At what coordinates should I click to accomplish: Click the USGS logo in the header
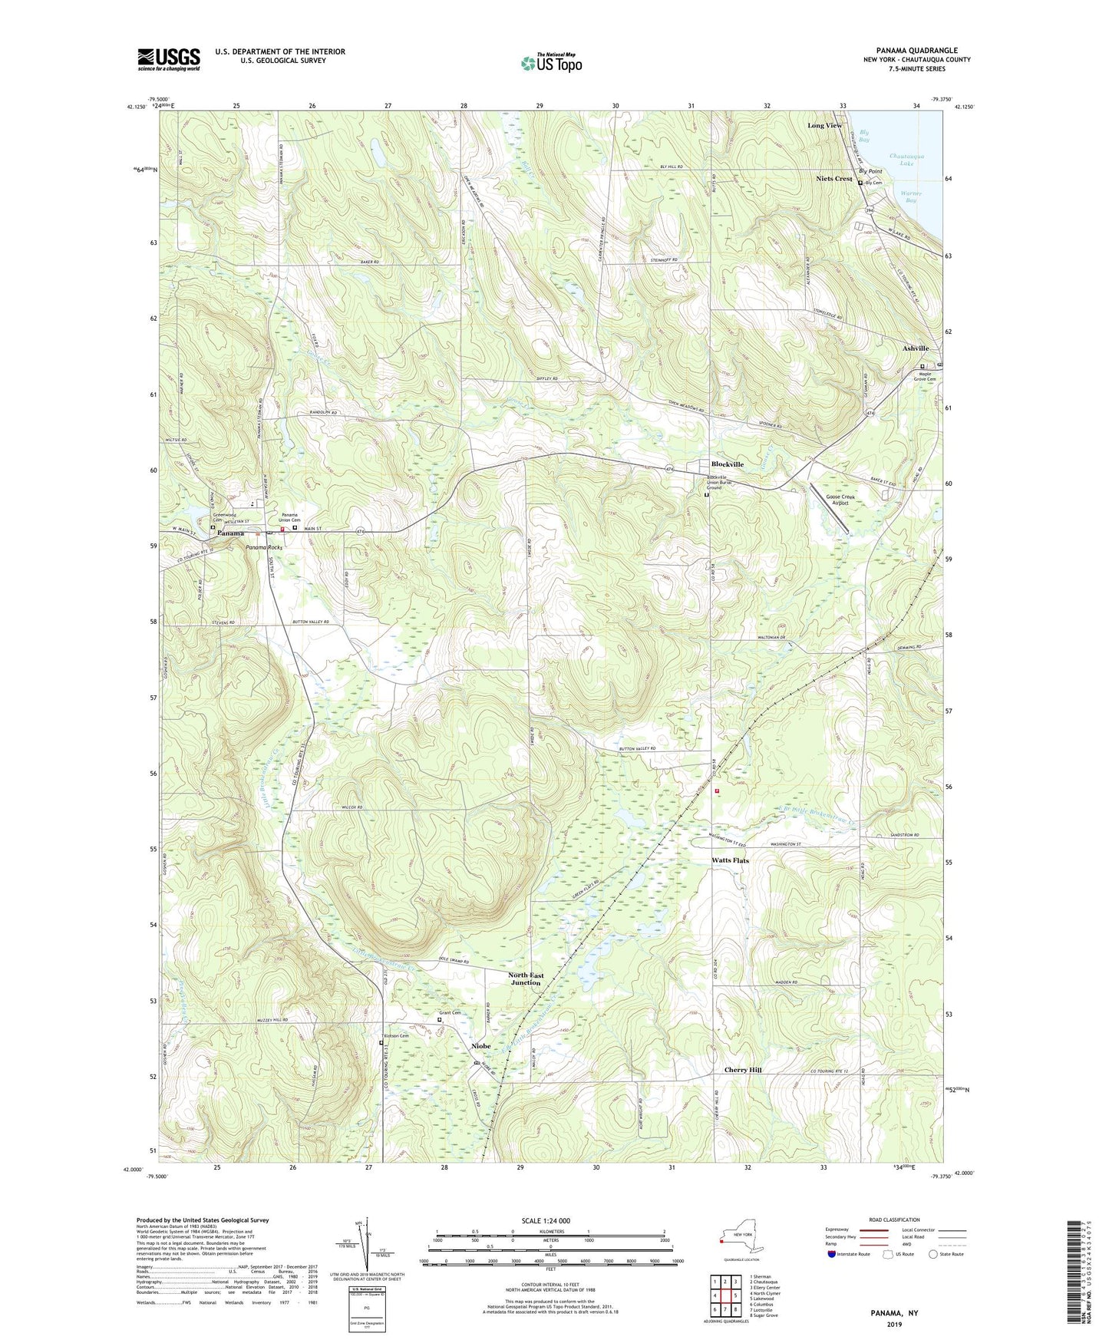coord(169,58)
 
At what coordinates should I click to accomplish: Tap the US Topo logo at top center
coord(550,63)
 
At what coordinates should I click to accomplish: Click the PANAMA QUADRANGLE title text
coord(916,51)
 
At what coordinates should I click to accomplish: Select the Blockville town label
coord(726,464)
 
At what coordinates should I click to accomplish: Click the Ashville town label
coord(916,348)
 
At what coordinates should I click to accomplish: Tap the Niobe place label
coord(481,1046)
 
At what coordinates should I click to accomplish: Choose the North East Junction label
coord(526,979)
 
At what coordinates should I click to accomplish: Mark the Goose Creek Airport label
coord(840,500)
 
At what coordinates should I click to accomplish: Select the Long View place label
coord(824,125)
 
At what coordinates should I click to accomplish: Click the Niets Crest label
coord(834,179)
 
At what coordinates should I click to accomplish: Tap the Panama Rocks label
coord(264,547)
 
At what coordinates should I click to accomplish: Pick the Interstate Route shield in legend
coord(833,1254)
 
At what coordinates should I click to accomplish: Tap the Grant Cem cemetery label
coord(450,1013)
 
